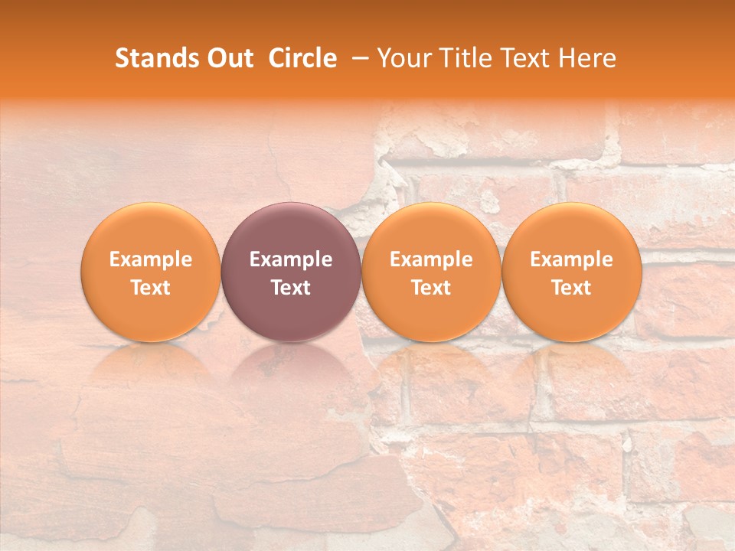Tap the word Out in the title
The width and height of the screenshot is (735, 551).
227,58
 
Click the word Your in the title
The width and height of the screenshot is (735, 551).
403,58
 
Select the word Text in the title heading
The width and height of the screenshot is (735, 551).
521,58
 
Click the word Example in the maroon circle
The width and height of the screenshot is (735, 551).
291,259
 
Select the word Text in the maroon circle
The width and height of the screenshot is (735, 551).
291,288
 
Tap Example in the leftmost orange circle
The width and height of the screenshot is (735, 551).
151,259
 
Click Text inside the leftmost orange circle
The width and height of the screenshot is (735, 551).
151,288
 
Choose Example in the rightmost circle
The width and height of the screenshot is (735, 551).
572,259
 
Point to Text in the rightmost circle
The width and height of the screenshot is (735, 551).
572,288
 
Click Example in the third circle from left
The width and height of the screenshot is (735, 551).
432,259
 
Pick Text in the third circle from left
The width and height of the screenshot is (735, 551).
432,288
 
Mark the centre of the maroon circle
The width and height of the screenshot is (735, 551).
291,272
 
